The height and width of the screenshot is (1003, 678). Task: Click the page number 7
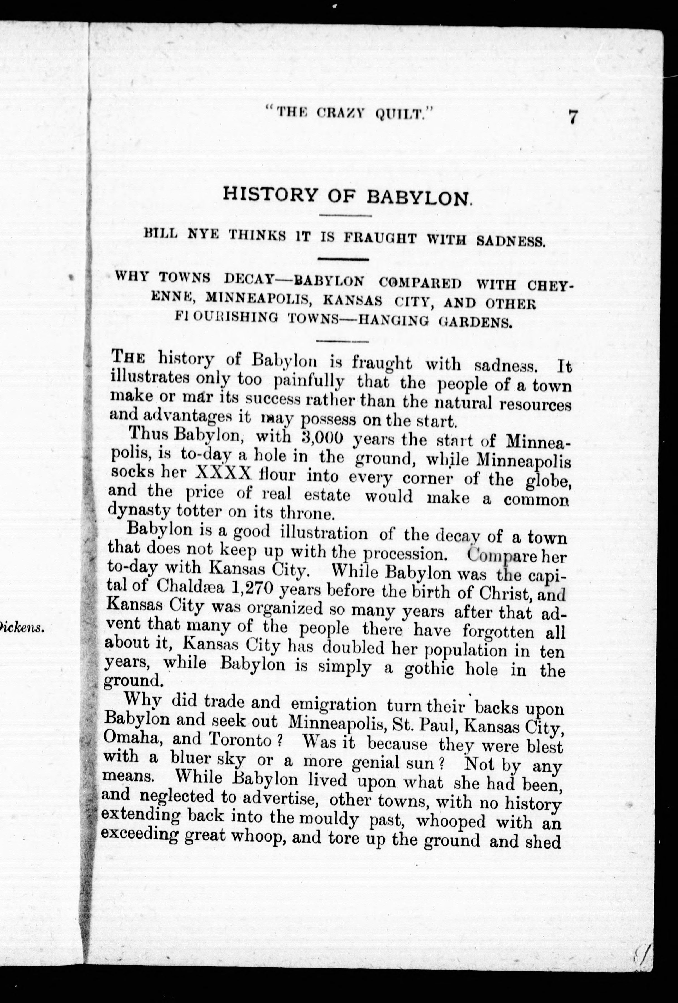(x=573, y=117)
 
